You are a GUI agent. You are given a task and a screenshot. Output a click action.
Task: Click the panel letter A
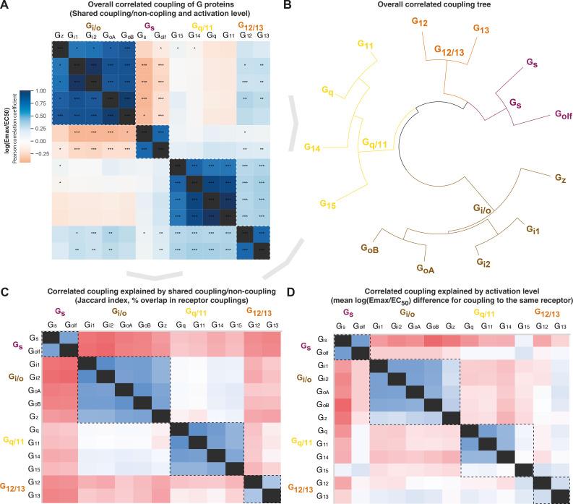click(x=5, y=7)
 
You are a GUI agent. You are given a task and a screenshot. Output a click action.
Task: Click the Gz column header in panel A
click(x=59, y=35)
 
